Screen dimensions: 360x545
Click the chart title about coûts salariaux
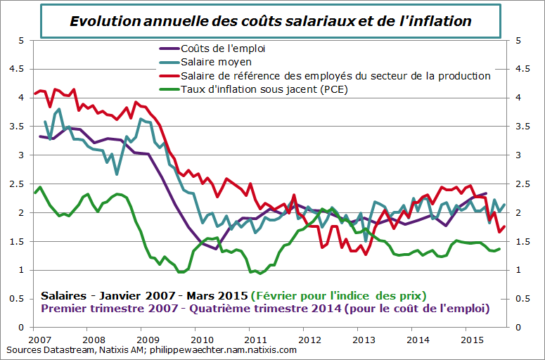tap(271, 21)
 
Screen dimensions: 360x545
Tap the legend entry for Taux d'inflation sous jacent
tap(264, 89)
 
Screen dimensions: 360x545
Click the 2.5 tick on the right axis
tap(522, 184)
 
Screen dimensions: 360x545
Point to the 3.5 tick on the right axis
tap(522, 127)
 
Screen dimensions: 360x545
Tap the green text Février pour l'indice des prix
tap(340, 295)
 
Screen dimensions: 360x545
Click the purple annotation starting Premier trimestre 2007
tap(266, 308)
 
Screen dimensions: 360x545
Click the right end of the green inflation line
tap(500, 248)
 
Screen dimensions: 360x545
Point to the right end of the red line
tap(504, 226)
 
